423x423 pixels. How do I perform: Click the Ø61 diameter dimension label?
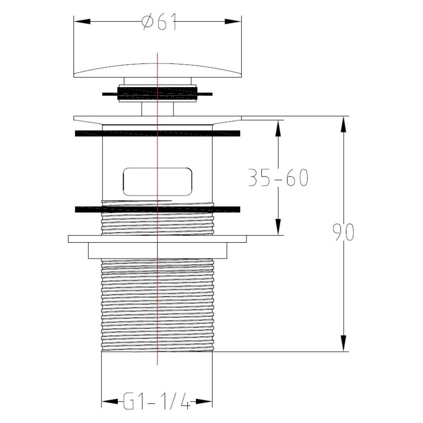(x=159, y=22)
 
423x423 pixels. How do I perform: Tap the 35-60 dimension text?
(x=278, y=178)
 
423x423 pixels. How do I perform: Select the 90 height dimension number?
(x=343, y=232)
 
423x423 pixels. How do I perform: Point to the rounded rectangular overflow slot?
(x=157, y=181)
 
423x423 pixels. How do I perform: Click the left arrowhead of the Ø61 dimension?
(x=82, y=22)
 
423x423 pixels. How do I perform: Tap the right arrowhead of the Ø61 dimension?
(x=233, y=22)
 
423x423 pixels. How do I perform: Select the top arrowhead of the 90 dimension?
(x=343, y=124)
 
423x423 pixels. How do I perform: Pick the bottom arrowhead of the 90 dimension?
(x=343, y=343)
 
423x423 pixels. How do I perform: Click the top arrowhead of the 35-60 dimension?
(x=279, y=128)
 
